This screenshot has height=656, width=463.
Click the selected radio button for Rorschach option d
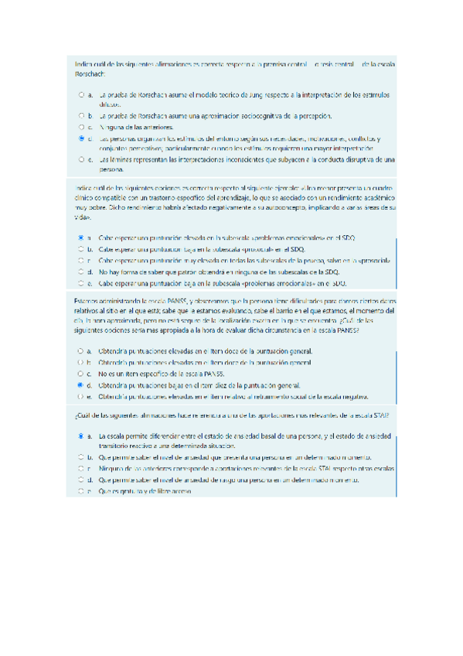point(81,138)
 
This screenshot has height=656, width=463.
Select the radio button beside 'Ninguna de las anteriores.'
point(81,126)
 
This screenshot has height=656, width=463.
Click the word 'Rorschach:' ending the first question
point(82,75)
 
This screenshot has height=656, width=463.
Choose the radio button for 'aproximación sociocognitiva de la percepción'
point(81,115)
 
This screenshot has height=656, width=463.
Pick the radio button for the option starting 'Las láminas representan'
point(81,159)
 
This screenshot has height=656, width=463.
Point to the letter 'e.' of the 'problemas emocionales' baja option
point(90,284)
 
